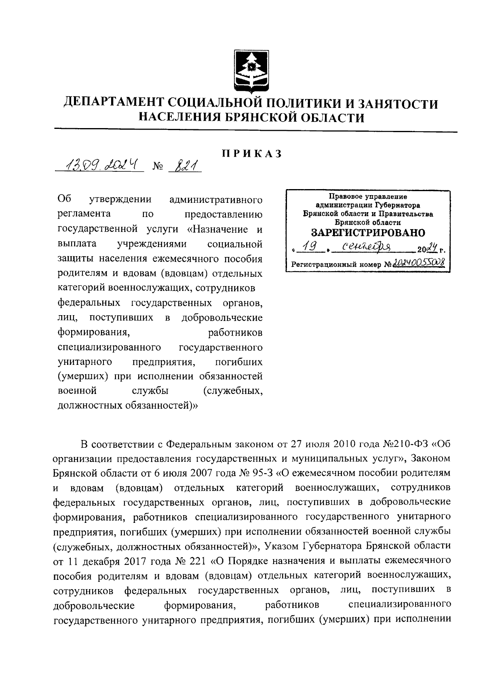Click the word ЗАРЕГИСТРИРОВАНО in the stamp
click(x=368, y=233)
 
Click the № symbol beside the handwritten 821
click(x=157, y=166)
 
